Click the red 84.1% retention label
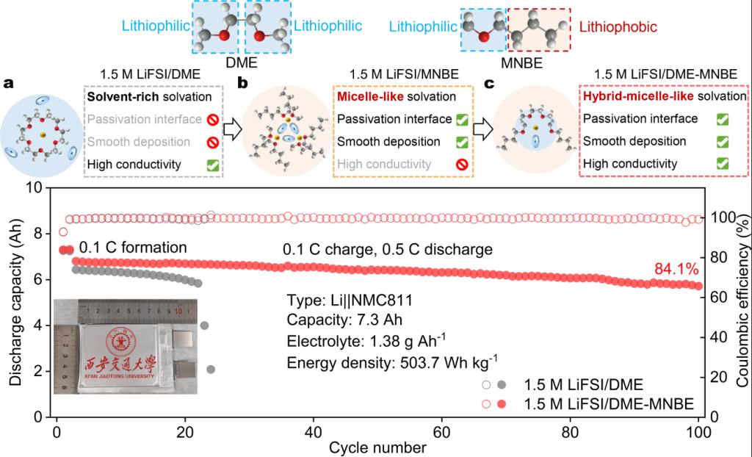click(x=675, y=270)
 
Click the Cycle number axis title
click(x=377, y=446)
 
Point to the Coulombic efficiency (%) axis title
click(x=741, y=302)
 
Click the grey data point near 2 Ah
click(x=211, y=370)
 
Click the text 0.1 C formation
click(x=134, y=248)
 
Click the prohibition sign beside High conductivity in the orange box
click(x=461, y=163)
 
